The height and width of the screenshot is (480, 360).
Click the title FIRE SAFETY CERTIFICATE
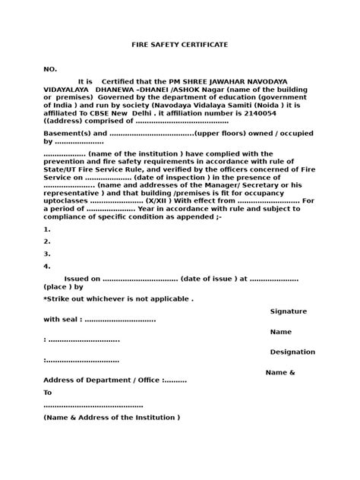(180, 46)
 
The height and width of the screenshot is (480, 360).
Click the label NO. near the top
(50, 69)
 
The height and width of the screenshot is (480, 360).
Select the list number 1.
(47, 229)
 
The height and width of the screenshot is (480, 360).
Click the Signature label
(292, 311)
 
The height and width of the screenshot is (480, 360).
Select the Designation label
(292, 352)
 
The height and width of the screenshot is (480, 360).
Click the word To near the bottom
(48, 393)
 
